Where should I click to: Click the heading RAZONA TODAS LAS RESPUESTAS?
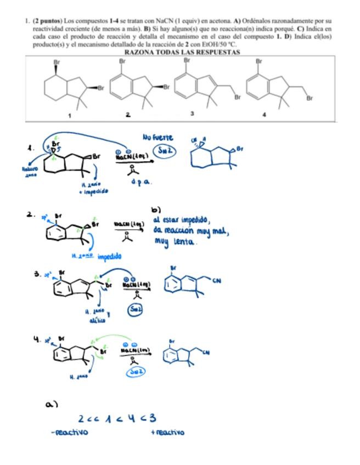point(182,52)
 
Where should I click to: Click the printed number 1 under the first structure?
point(70,116)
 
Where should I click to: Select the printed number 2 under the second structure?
point(127,115)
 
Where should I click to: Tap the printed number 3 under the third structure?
point(192,114)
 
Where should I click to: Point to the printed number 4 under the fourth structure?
point(264,115)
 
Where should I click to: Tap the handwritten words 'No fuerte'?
point(158,137)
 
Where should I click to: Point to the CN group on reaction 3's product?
point(216,281)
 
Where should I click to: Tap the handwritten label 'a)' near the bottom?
point(52,404)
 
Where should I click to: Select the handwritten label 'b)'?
point(156,209)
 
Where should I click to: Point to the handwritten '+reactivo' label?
point(167,433)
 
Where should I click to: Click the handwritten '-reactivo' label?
point(69,433)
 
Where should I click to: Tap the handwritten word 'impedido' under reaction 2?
point(110,256)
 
